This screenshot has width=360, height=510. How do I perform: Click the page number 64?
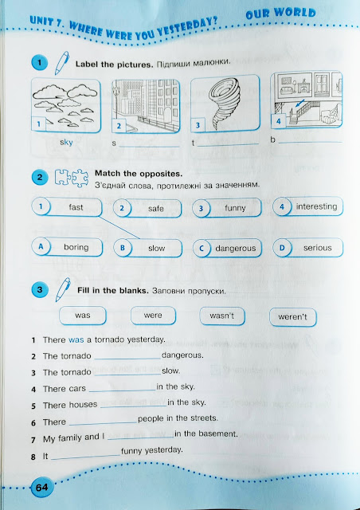tap(41, 488)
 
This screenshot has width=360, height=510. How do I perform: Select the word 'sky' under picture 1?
tap(66, 143)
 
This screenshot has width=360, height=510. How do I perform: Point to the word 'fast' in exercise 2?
tap(76, 207)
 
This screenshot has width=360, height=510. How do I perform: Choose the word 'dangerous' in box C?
tap(236, 249)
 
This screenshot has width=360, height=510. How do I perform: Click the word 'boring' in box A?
tap(76, 247)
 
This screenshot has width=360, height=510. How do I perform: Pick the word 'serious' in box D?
tap(318, 248)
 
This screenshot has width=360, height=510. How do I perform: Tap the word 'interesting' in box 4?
tap(316, 206)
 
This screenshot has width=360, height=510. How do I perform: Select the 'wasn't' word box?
tap(222, 316)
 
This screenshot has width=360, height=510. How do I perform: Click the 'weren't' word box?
tap(292, 317)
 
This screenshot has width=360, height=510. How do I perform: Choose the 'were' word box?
tap(153, 316)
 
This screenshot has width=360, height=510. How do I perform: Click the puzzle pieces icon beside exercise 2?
tap(71, 178)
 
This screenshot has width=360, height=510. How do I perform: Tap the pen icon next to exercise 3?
tap(63, 289)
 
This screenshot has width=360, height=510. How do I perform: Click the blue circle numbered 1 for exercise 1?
tap(40, 63)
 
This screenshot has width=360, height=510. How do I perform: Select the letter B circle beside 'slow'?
tap(123, 248)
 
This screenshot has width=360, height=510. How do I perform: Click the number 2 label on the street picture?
tap(119, 126)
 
